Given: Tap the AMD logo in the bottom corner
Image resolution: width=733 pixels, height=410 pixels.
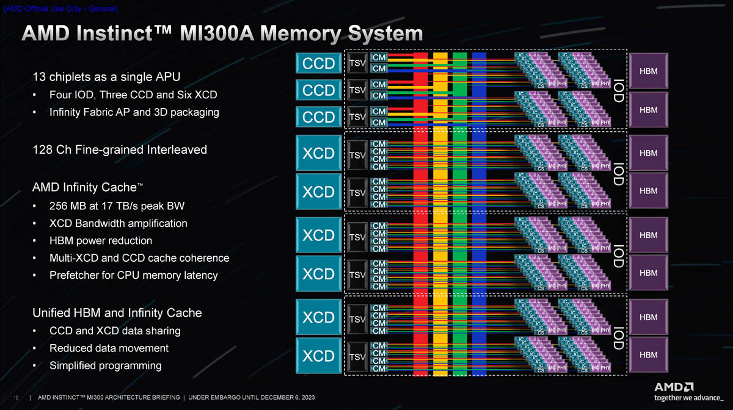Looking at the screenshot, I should point(674,386).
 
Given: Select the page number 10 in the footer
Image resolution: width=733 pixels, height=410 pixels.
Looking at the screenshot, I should point(15,397).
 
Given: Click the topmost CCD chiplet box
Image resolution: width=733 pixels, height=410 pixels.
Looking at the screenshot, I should point(319,63).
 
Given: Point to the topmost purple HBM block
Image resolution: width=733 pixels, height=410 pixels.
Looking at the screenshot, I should point(648,71).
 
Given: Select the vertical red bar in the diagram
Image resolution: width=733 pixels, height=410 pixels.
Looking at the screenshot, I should point(421,214).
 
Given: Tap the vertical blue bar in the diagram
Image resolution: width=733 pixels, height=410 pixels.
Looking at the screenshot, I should point(480,214).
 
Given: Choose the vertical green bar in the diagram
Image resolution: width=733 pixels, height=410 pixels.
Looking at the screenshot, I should point(460,214).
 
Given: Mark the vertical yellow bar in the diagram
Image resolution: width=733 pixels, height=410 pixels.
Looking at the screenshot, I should point(440,214).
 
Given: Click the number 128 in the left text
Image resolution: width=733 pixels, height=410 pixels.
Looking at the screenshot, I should point(43,149).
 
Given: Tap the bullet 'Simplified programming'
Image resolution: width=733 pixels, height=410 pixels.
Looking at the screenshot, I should point(105,365).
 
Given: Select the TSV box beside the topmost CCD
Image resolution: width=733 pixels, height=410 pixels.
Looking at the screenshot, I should point(357,63).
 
